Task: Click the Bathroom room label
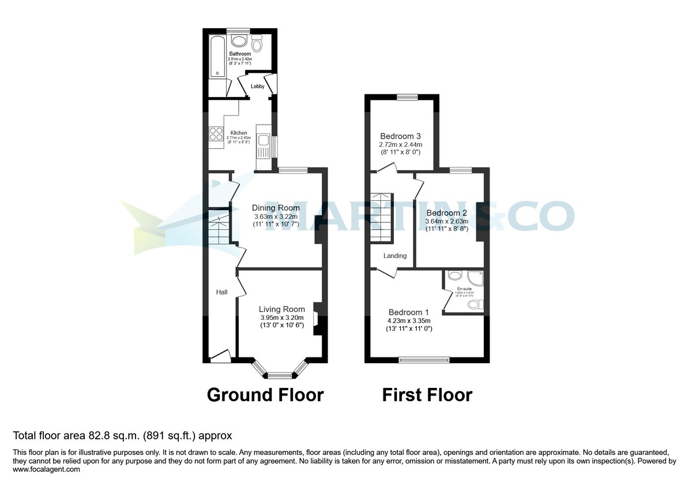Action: (239, 54)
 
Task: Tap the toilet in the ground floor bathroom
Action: (257, 43)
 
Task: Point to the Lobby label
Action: (257, 87)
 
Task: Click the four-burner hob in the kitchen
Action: (216, 134)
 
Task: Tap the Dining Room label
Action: (276, 208)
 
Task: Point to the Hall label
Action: (221, 292)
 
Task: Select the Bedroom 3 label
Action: (400, 136)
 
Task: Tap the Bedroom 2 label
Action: (446, 212)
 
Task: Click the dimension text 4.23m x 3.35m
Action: (408, 320)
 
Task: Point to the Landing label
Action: (395, 256)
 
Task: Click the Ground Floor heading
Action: (265, 395)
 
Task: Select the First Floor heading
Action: (427, 395)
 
